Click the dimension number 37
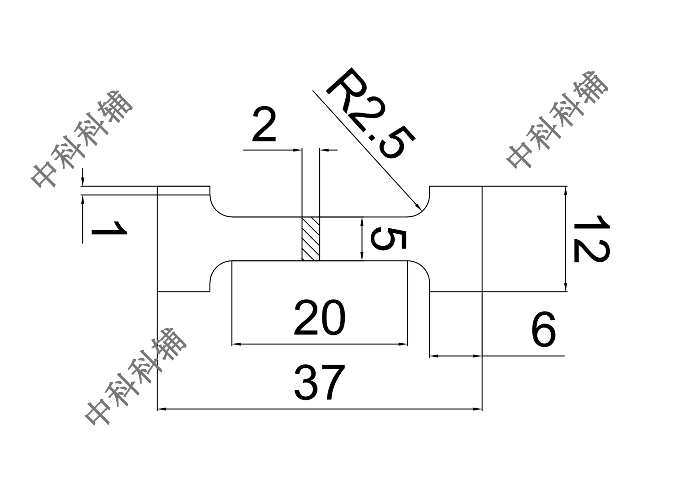point(319,383)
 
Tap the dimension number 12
point(591,239)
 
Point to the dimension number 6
point(544,330)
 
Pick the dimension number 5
point(388,239)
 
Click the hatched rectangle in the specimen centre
point(311,239)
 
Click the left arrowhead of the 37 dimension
point(162,409)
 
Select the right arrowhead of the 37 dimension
point(477,409)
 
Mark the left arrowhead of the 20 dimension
point(237,345)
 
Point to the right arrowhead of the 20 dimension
point(403,345)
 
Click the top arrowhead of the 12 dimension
point(565,191)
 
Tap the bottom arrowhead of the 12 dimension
point(565,287)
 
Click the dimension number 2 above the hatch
point(264,125)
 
